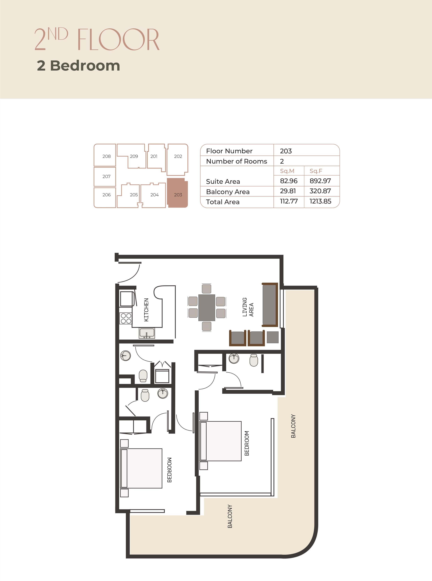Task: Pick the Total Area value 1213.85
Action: click(320, 201)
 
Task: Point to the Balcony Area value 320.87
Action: click(320, 191)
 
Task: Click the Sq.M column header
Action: click(287, 171)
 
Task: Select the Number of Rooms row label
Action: click(237, 161)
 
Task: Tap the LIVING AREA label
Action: click(248, 307)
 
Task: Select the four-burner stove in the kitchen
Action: click(126, 318)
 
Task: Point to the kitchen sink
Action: click(147, 333)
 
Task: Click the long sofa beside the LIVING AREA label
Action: click(270, 305)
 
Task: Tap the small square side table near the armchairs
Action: click(272, 337)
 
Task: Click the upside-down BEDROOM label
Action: click(169, 470)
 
